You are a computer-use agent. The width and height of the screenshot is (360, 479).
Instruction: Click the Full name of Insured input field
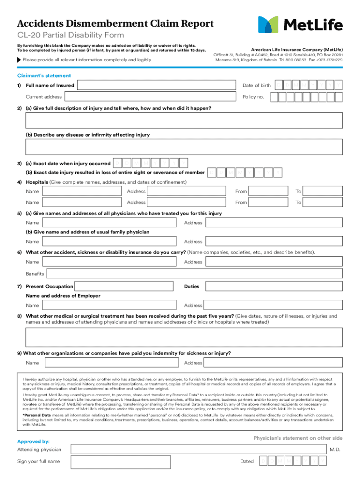click(x=156, y=85)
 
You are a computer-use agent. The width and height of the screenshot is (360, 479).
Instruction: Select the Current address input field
click(x=150, y=97)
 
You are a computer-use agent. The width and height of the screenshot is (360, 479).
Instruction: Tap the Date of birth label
click(x=256, y=85)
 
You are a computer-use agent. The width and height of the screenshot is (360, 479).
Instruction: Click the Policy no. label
click(x=253, y=97)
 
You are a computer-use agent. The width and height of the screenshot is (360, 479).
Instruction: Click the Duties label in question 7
click(x=192, y=286)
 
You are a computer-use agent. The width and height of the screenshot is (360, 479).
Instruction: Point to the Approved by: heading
click(x=33, y=441)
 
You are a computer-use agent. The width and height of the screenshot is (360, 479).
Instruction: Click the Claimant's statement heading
click(x=44, y=75)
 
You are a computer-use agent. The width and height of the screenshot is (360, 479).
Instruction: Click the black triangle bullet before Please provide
click(x=19, y=60)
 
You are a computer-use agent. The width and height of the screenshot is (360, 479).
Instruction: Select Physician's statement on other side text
click(x=298, y=438)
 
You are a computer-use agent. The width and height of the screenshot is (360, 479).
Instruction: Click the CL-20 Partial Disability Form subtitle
click(x=71, y=36)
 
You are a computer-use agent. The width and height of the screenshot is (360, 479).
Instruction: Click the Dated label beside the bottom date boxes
click(x=247, y=461)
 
